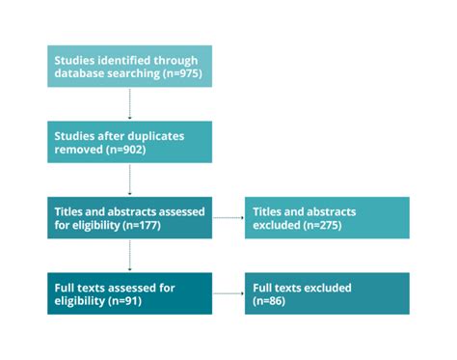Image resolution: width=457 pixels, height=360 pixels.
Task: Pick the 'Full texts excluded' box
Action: (326, 292)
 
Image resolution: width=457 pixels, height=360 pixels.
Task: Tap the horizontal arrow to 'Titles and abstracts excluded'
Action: (227, 217)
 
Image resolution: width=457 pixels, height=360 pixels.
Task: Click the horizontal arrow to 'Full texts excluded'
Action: (227, 292)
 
